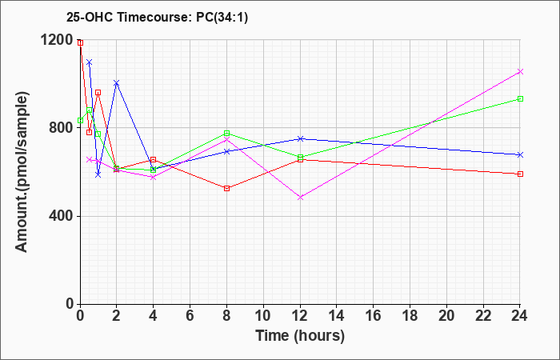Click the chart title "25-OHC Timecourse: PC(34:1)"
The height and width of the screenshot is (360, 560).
157,17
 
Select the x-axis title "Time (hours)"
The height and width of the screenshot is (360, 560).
300,336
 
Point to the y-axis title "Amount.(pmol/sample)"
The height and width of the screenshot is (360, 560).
22,172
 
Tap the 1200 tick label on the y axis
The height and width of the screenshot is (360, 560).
57,40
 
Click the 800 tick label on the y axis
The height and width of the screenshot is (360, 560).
61,128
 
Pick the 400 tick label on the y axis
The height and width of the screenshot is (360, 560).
61,216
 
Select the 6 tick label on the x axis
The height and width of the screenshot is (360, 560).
190,316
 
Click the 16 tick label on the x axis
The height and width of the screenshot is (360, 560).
374,316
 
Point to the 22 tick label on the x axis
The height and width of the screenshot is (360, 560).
483,316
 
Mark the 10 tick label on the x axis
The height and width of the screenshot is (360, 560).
263,316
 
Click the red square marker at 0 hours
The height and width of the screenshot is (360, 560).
80,43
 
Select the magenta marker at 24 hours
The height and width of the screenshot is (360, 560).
520,72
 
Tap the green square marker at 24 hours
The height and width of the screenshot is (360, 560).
520,99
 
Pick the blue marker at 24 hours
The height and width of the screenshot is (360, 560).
520,154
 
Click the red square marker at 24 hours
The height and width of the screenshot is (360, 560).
520,174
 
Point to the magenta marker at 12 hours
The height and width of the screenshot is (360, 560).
300,197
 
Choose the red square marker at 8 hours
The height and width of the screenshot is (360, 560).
226,188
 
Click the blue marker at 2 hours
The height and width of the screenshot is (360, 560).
117,83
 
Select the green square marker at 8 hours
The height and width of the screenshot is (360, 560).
226,134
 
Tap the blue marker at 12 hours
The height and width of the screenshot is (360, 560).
300,138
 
